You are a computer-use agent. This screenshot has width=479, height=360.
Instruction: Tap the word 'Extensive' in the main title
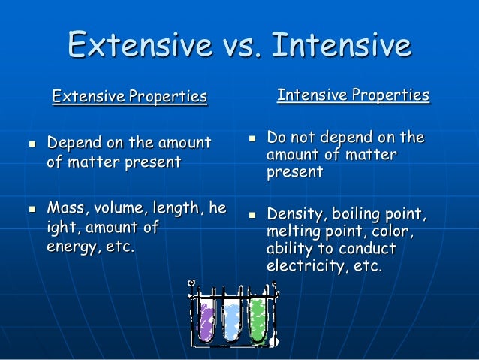[139, 46]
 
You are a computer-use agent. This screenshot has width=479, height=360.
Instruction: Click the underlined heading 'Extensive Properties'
[129, 97]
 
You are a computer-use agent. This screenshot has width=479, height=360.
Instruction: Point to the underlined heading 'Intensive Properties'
[353, 95]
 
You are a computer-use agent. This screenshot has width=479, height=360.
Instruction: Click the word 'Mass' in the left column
[65, 207]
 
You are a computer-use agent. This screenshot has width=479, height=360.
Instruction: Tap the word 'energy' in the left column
[71, 247]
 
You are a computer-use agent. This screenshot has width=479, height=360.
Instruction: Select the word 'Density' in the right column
[294, 216]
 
